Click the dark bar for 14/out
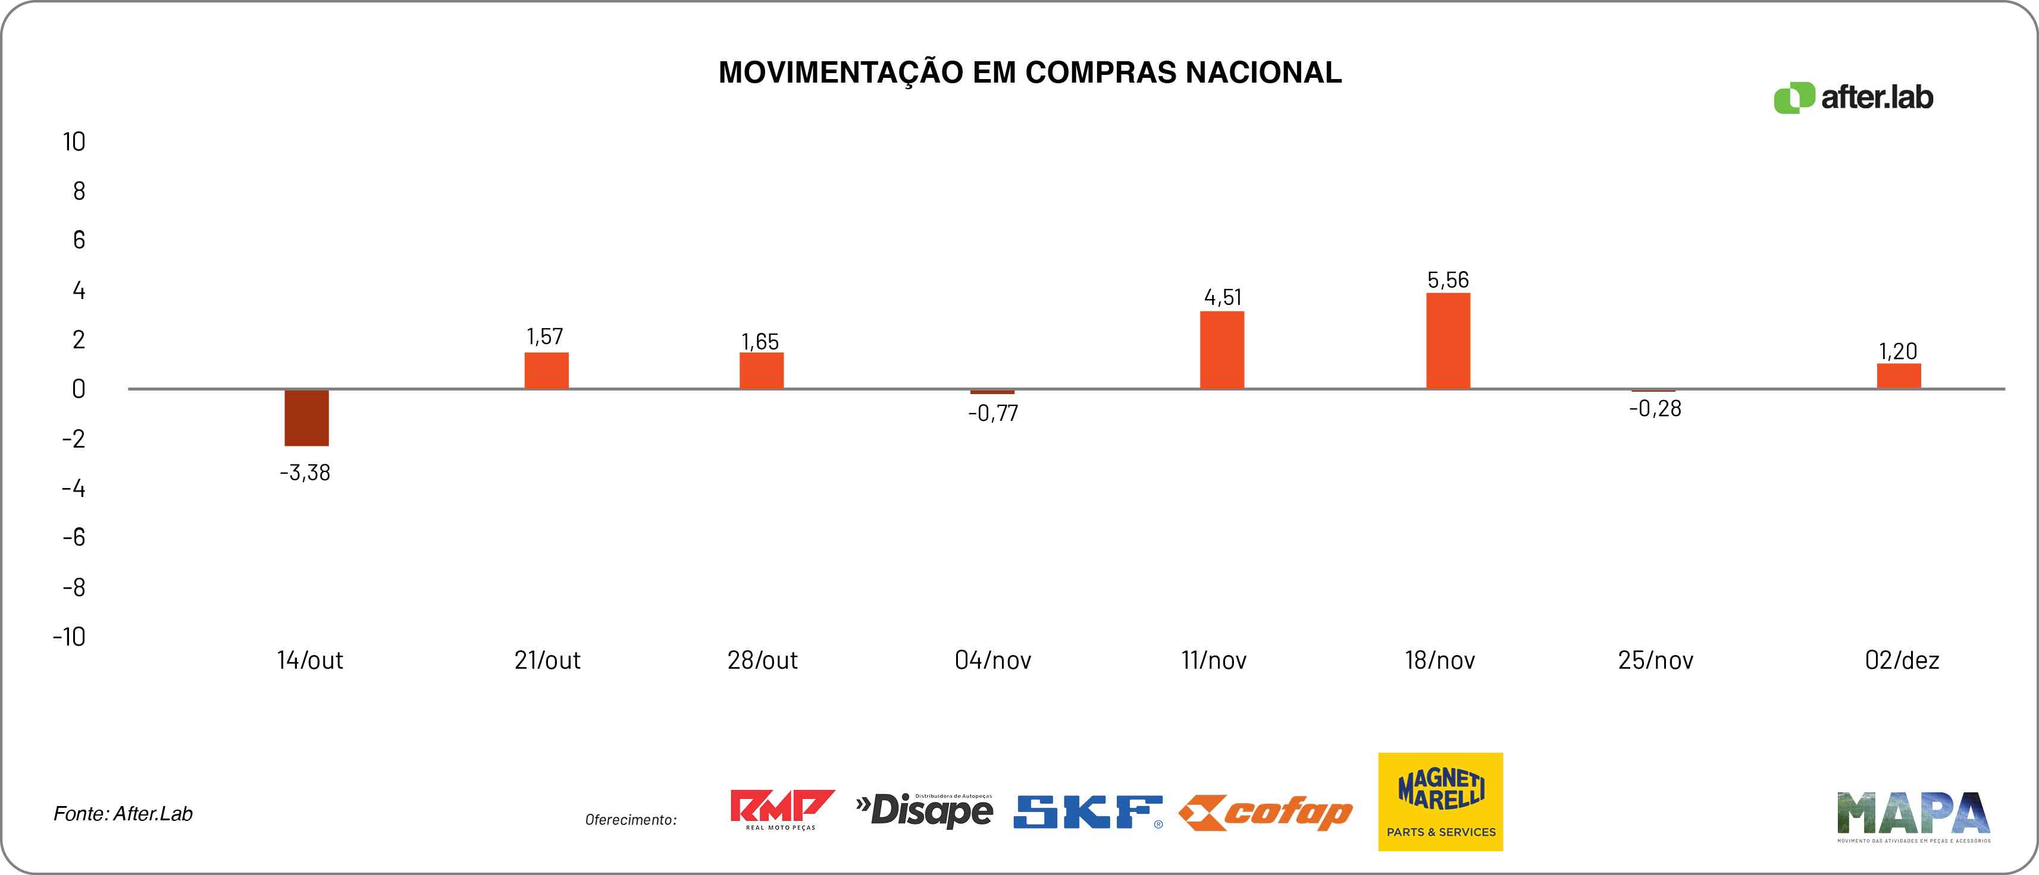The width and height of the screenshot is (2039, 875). point(306,418)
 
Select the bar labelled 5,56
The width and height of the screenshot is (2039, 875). point(1448,341)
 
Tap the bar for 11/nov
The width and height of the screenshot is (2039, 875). point(1221,350)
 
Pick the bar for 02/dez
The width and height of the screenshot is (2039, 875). point(1898,376)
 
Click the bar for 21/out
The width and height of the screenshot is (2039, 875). point(546,370)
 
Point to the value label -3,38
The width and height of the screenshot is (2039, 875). point(305,473)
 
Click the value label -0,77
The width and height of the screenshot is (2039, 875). point(992,413)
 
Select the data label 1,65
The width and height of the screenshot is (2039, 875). point(760,342)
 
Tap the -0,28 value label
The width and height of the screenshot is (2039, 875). point(1654,408)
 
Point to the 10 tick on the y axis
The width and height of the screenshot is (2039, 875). point(74,143)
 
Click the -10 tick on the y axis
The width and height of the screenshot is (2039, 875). point(69,637)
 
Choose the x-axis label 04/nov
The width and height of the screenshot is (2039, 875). point(992,660)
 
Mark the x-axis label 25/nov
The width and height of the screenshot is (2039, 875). point(1655,660)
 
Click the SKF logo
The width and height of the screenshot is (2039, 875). point(1088,813)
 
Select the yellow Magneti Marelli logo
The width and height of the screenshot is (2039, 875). point(1440,801)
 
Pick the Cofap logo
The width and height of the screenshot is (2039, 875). point(1266,813)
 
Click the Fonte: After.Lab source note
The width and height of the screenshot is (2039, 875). point(123,814)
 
